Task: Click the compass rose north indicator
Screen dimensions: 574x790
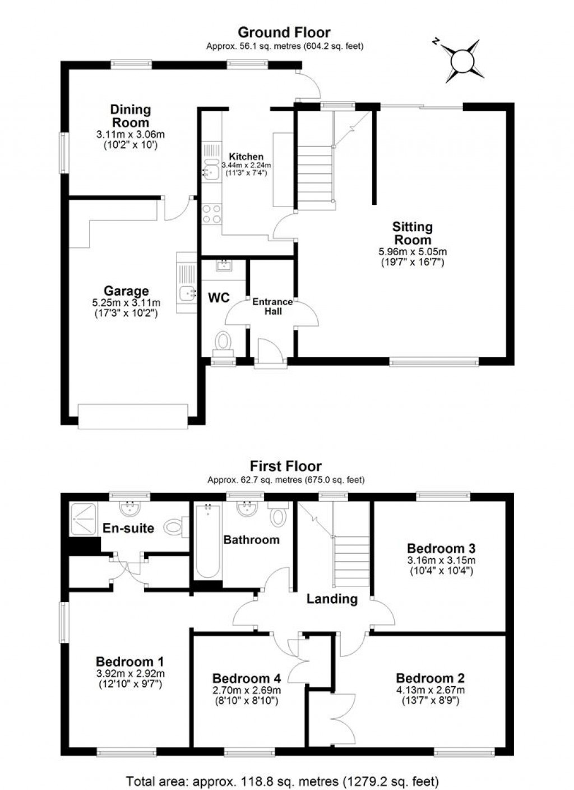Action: pyautogui.click(x=436, y=42)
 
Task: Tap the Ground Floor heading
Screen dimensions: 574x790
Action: pyautogui.click(x=284, y=33)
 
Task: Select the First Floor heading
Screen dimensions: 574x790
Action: pyautogui.click(x=285, y=466)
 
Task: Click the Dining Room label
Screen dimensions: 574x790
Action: pyautogui.click(x=131, y=116)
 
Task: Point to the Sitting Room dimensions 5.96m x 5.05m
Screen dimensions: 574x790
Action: pyautogui.click(x=413, y=251)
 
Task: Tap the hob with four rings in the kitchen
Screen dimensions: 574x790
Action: pyautogui.click(x=212, y=214)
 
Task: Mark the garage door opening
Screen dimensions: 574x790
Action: pyautogui.click(x=133, y=416)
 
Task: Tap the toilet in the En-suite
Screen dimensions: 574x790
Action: pyautogui.click(x=177, y=527)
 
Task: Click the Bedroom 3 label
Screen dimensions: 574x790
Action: pyautogui.click(x=441, y=548)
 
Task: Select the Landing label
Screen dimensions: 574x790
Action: pyautogui.click(x=332, y=599)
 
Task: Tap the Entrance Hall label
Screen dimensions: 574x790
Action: pyautogui.click(x=273, y=306)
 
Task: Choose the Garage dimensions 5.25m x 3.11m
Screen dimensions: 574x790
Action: pyautogui.click(x=126, y=302)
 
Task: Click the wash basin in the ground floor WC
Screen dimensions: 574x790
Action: pyautogui.click(x=224, y=265)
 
